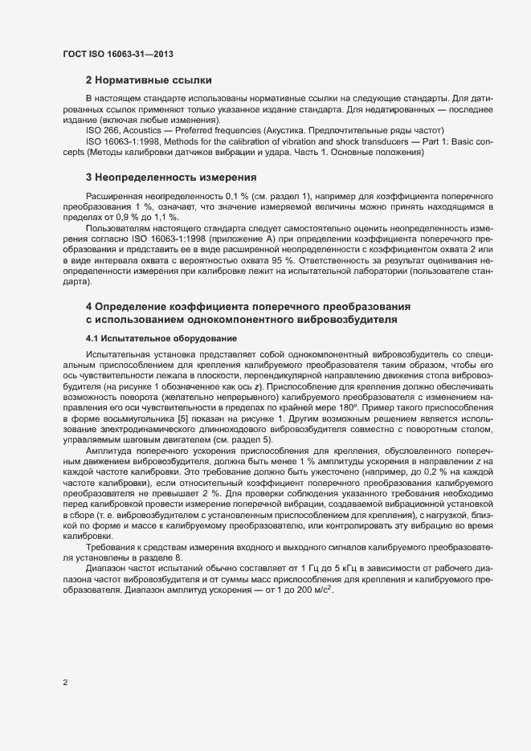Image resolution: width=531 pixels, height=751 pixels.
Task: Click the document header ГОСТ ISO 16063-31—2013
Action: pos(118,54)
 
